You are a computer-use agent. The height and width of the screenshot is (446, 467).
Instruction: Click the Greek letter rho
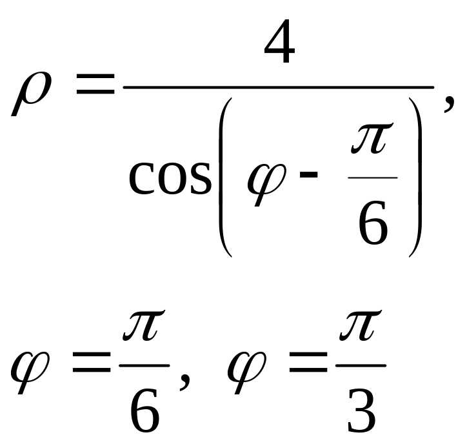coord(31,93)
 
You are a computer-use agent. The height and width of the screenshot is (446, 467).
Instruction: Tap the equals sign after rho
coord(95,84)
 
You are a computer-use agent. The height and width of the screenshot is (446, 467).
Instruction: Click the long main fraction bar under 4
coord(279,87)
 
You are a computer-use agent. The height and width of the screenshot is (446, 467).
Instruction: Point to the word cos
coord(170,178)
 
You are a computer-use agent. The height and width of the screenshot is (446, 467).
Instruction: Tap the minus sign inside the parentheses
coord(308,175)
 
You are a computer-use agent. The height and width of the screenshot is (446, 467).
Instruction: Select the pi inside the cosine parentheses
coord(372,138)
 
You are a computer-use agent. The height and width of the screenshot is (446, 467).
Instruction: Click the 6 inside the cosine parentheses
coord(373,222)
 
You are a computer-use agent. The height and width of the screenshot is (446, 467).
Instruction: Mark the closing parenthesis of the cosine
coord(415,177)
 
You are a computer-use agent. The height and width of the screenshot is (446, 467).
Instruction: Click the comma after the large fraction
coord(449,103)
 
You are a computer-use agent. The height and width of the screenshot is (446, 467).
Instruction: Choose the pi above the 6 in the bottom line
coord(144,325)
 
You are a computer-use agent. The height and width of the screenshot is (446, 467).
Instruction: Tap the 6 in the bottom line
coord(144,410)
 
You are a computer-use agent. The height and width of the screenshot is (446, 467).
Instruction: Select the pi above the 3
coord(361,325)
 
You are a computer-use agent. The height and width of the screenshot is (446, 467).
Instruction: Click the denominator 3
coord(361,410)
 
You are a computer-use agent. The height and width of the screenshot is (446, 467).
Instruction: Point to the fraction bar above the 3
coord(361,365)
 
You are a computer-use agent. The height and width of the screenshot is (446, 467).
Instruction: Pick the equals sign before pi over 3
coord(308,362)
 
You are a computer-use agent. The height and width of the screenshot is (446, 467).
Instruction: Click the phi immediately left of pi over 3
coord(246,372)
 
